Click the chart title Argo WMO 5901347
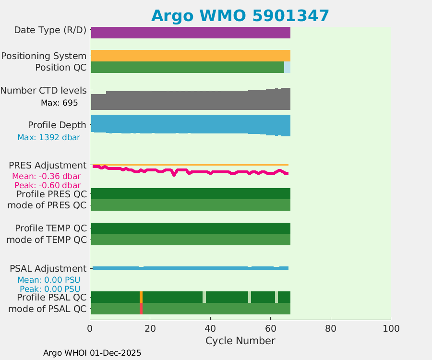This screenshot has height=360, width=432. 240,15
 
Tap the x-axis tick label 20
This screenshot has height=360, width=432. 150,328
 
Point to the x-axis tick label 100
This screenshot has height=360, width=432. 391,328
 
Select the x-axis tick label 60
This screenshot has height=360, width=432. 271,328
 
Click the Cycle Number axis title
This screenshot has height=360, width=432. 240,341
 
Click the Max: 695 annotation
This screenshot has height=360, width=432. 60,103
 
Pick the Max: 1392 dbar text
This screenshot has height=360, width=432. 48,137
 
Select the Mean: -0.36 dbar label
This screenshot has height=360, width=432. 46,176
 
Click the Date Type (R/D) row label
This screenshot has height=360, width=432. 50,30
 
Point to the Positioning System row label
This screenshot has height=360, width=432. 44,56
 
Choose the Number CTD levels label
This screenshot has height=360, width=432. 44,90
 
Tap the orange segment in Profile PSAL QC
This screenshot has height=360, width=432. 141,297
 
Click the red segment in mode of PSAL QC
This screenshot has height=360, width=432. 141,309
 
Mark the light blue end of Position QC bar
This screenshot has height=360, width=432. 287,67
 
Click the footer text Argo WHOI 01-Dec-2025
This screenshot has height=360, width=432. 92,353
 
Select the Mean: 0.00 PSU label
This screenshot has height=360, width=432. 48,280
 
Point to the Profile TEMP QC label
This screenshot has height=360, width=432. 51,228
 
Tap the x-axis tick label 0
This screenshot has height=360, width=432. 90,328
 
